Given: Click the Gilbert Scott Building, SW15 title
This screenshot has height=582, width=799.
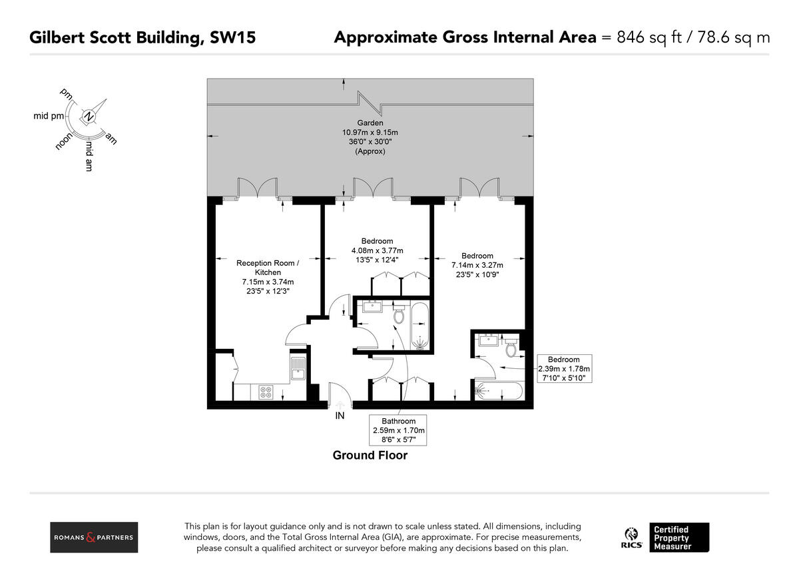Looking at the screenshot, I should click(142, 37).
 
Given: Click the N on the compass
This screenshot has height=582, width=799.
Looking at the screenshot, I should click(89, 117).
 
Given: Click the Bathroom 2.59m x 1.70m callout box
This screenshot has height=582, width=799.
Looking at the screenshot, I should click(398, 431).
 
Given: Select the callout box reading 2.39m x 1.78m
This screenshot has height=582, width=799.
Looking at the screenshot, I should click(563, 368).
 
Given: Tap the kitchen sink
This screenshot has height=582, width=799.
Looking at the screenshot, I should click(298, 368).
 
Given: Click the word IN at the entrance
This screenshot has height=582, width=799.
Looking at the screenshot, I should click(340, 417).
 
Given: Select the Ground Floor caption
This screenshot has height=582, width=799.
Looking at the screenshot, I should click(370, 455).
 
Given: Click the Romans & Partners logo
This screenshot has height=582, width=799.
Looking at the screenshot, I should click(94, 537).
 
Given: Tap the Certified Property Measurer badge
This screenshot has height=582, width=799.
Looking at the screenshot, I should click(679, 537).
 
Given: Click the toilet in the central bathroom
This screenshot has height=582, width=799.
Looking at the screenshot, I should click(399, 315).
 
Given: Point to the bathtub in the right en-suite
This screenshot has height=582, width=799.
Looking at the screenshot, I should click(499, 391).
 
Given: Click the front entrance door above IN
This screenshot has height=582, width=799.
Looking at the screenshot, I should click(340, 396).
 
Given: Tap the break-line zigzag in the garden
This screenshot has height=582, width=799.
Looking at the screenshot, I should click(370, 103).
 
